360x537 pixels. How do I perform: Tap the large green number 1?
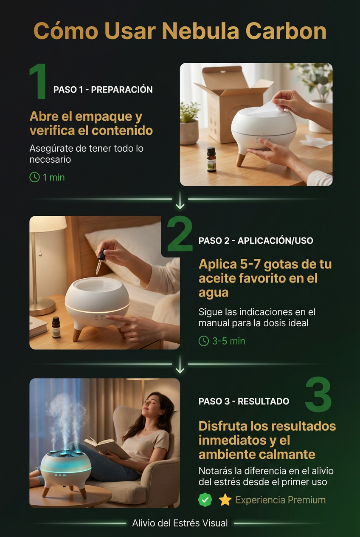coord(38,81)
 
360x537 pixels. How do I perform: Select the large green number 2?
coord(180,233)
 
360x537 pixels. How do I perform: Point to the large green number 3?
coord(318,394)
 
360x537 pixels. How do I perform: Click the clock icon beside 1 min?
coord(34,178)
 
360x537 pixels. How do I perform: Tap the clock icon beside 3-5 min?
coord(204,341)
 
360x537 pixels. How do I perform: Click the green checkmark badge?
coord(205,500)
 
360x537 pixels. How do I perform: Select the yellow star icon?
coord(225,500)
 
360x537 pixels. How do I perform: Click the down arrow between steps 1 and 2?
coord(180,200)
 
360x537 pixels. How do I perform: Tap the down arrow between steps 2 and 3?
coord(180,365)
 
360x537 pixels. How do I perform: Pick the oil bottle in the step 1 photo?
coord(211,159)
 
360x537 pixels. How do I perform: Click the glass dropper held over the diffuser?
coord(100,262)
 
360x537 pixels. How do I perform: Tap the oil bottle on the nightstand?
coord(56,327)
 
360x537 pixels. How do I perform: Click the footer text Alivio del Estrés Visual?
coord(180,523)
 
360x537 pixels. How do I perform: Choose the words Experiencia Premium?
coord(281,500)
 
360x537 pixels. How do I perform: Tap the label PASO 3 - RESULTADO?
coord(244,401)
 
